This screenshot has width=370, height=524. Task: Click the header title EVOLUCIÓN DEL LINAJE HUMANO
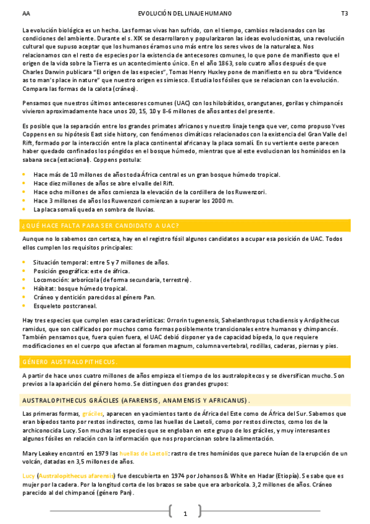click(185, 13)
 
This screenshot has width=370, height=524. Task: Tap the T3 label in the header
click(344, 13)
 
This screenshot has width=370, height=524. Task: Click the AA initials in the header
click(25, 13)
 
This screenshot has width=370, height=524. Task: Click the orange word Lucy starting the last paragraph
click(28, 476)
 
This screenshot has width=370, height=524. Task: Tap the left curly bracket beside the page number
click(170, 511)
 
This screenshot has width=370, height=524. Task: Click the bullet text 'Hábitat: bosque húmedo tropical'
click(80, 288)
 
